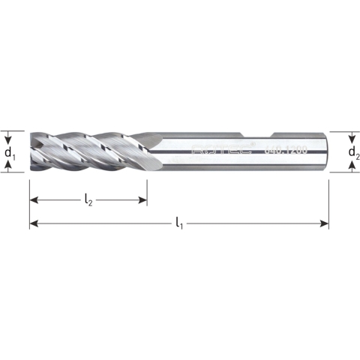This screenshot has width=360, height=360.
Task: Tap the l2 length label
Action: [88, 199]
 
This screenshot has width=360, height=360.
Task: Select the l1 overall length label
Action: [178, 223]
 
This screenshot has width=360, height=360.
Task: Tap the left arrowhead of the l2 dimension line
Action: [34, 200]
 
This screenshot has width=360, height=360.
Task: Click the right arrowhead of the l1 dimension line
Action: [324, 223]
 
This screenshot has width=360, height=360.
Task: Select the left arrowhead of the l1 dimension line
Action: [34, 223]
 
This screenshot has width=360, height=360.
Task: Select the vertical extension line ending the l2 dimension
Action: [146, 191]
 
